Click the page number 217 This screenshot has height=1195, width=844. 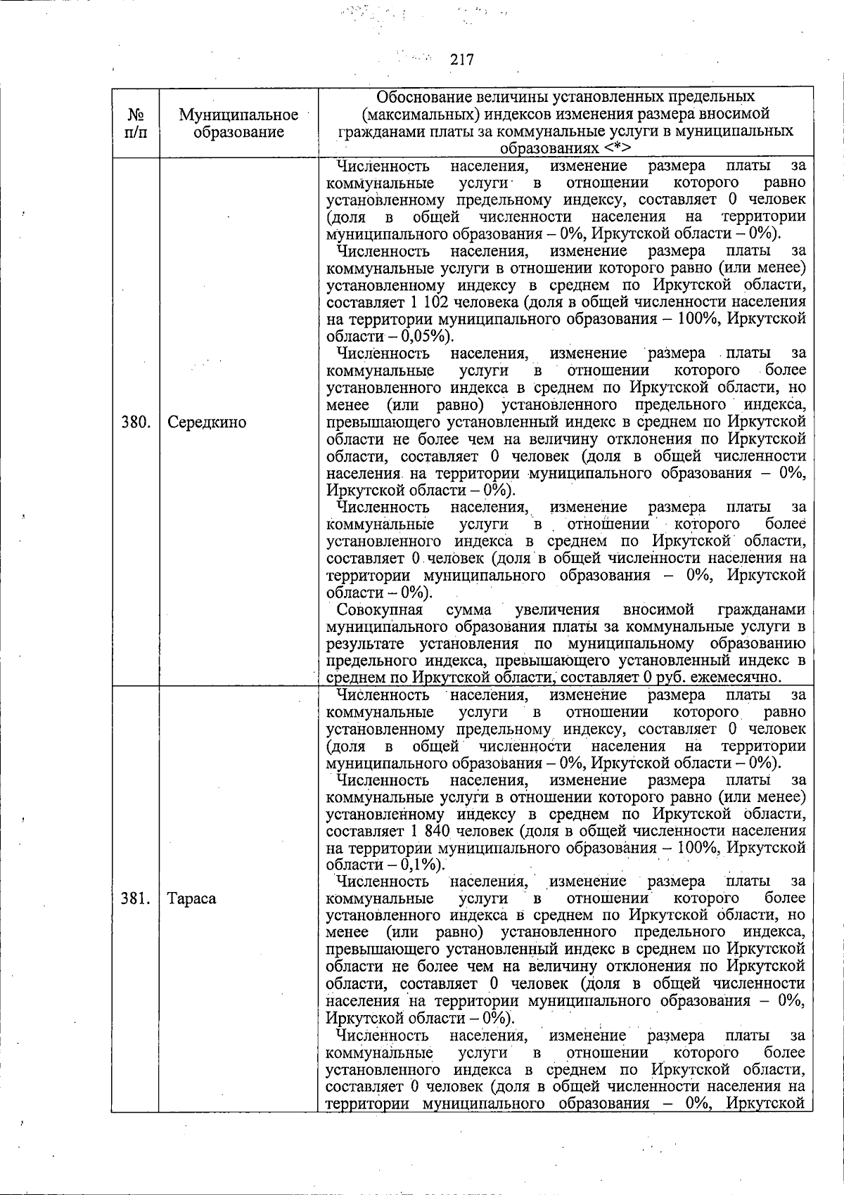pos(462,60)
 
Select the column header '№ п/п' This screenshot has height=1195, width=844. pos(135,123)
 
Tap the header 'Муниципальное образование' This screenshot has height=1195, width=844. pos(238,123)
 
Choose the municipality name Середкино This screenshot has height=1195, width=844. pos(207,422)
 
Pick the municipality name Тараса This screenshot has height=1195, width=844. pos(192,898)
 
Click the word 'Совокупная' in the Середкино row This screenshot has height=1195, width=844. pos(380,609)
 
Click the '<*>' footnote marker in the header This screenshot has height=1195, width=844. pos(617,149)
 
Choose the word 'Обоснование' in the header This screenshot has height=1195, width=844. pos(423,97)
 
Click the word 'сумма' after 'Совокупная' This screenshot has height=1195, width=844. pos(468,609)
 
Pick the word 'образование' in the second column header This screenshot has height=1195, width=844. pos(238,132)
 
